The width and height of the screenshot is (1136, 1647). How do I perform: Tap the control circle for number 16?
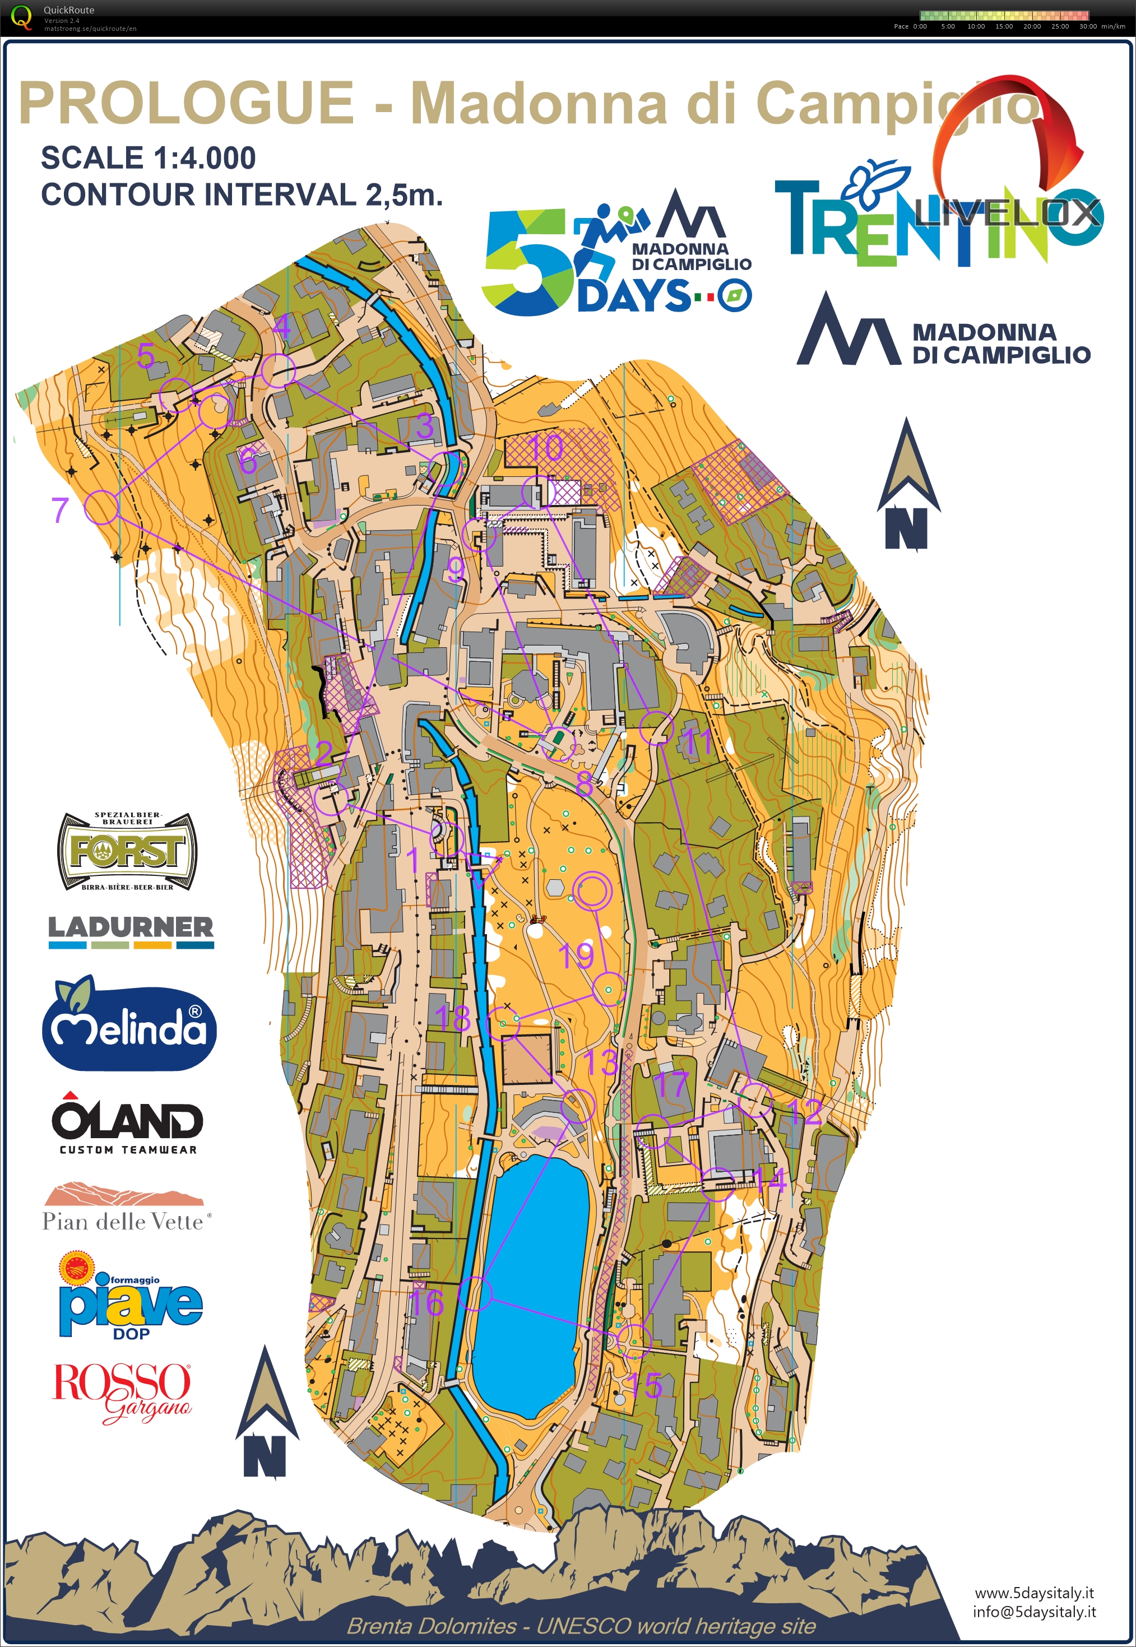tap(475, 1293)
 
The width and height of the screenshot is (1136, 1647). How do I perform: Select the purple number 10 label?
tap(546, 448)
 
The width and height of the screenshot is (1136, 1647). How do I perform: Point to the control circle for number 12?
tap(754, 1101)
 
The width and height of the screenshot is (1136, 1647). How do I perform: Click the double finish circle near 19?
tap(592, 891)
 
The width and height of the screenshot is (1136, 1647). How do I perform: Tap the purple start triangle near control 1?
tap(483, 869)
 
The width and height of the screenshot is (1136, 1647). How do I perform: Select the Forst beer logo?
tap(127, 851)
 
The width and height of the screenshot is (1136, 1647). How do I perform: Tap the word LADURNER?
tap(130, 927)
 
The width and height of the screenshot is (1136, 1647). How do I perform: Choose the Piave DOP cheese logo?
tap(130, 1297)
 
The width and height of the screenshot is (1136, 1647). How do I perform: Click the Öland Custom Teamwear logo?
tap(127, 1122)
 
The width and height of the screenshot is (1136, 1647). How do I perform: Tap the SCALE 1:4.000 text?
tap(148, 157)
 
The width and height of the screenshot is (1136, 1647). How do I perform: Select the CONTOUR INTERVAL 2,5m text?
tap(242, 194)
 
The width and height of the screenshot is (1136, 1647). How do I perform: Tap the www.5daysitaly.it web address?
tap(1033, 1593)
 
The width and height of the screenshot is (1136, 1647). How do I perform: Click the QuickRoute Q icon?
tap(21, 17)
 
